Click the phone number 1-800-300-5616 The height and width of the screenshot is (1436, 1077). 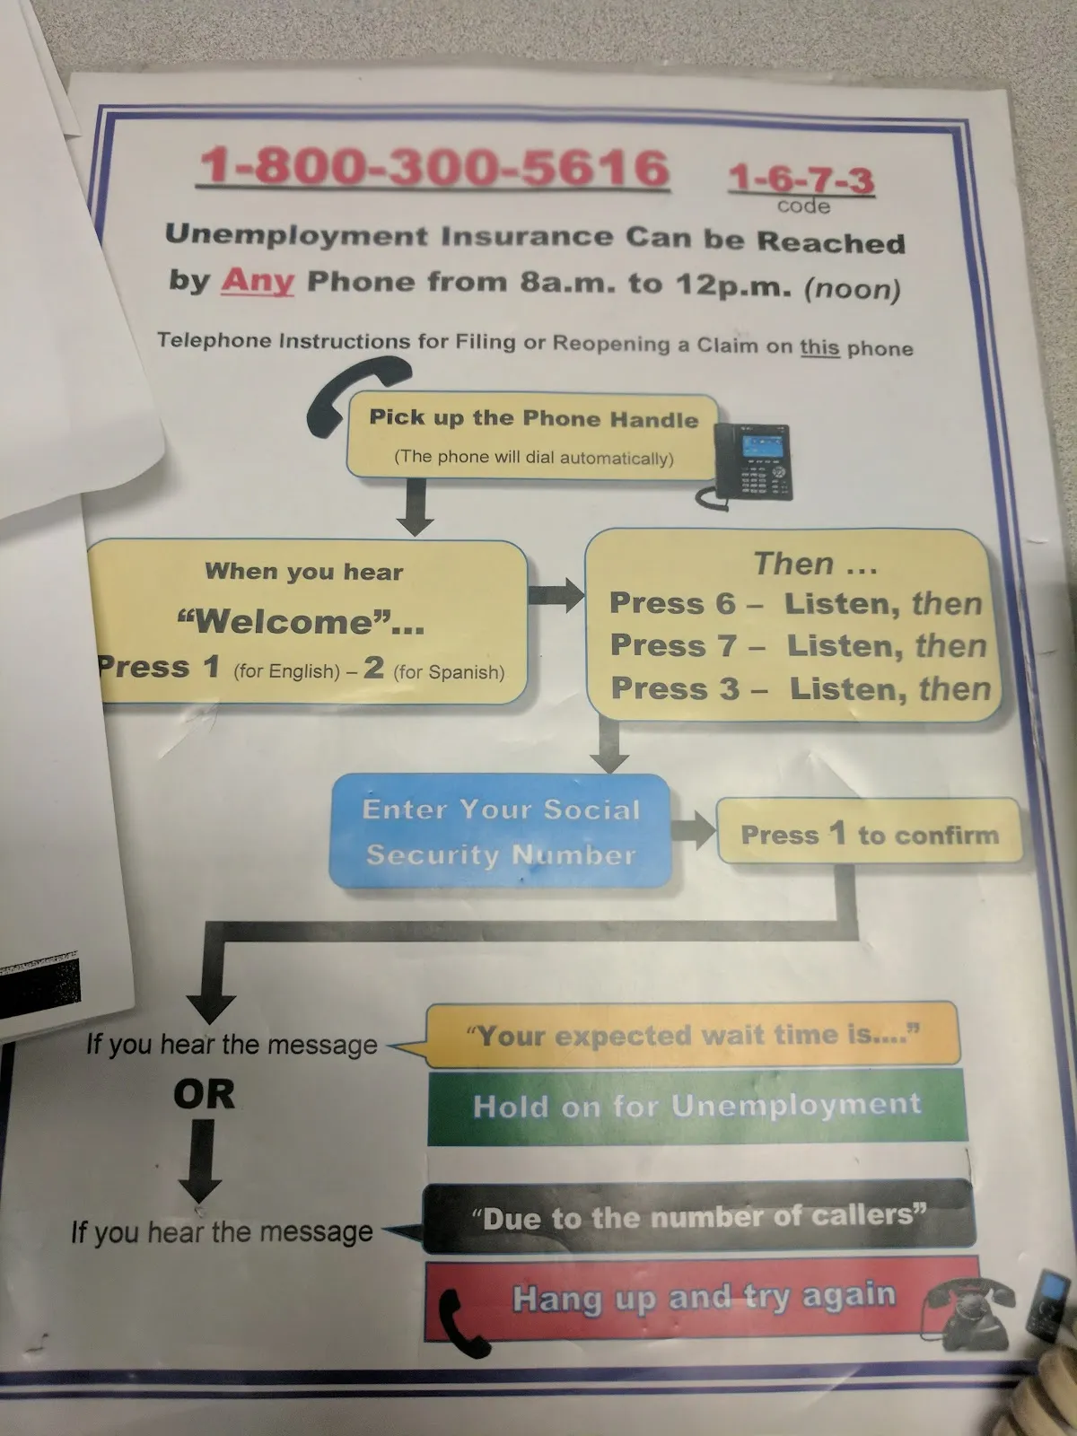(x=433, y=168)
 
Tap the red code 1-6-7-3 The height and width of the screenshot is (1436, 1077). (x=801, y=179)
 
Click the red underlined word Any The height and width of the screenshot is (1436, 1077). (x=258, y=281)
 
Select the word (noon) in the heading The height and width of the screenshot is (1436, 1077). (x=852, y=289)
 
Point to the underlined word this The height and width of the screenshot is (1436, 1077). (x=819, y=347)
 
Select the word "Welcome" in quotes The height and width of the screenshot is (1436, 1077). (x=301, y=621)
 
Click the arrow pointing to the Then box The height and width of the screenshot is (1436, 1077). (x=556, y=594)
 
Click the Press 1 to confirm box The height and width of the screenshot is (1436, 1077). (x=869, y=834)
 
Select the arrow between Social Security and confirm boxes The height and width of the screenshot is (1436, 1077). (x=693, y=830)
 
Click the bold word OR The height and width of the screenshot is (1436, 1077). (x=205, y=1094)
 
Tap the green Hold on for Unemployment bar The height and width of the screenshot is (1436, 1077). (x=696, y=1106)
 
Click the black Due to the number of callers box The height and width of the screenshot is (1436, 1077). (x=698, y=1217)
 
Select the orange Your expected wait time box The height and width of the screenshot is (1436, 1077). (x=692, y=1035)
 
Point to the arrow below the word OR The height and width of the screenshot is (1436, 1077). (x=201, y=1162)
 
